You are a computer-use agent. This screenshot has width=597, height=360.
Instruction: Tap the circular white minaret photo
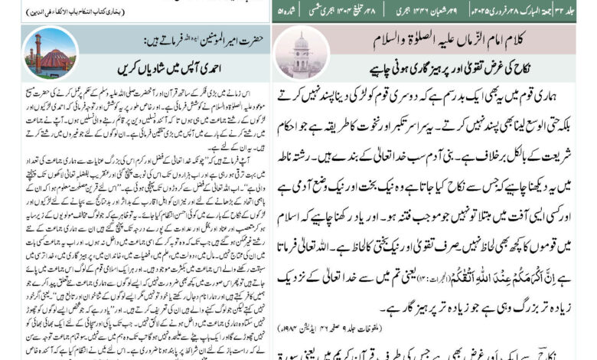[x=301, y=54]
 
